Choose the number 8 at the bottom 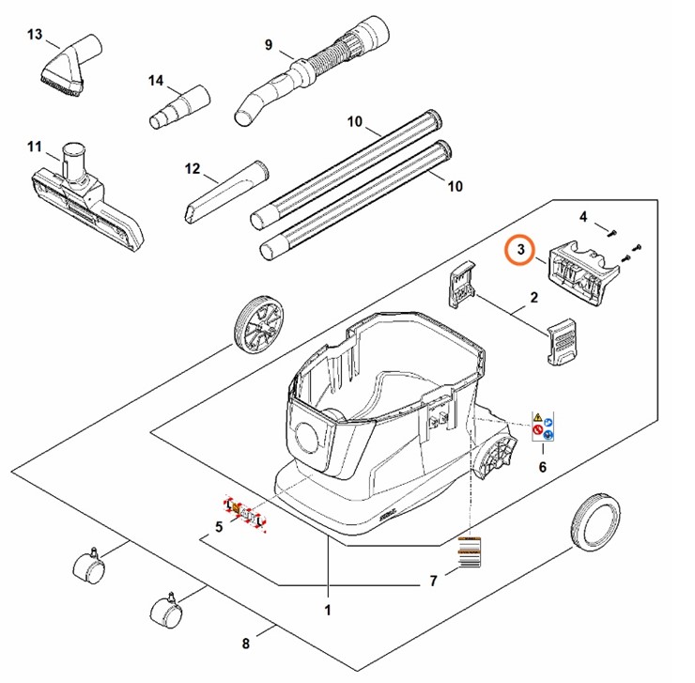[246, 644]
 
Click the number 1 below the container [328, 611]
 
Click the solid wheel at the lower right [595, 520]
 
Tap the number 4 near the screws [583, 217]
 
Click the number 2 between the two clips [533, 299]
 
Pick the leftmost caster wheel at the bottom [87, 567]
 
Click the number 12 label [193, 168]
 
